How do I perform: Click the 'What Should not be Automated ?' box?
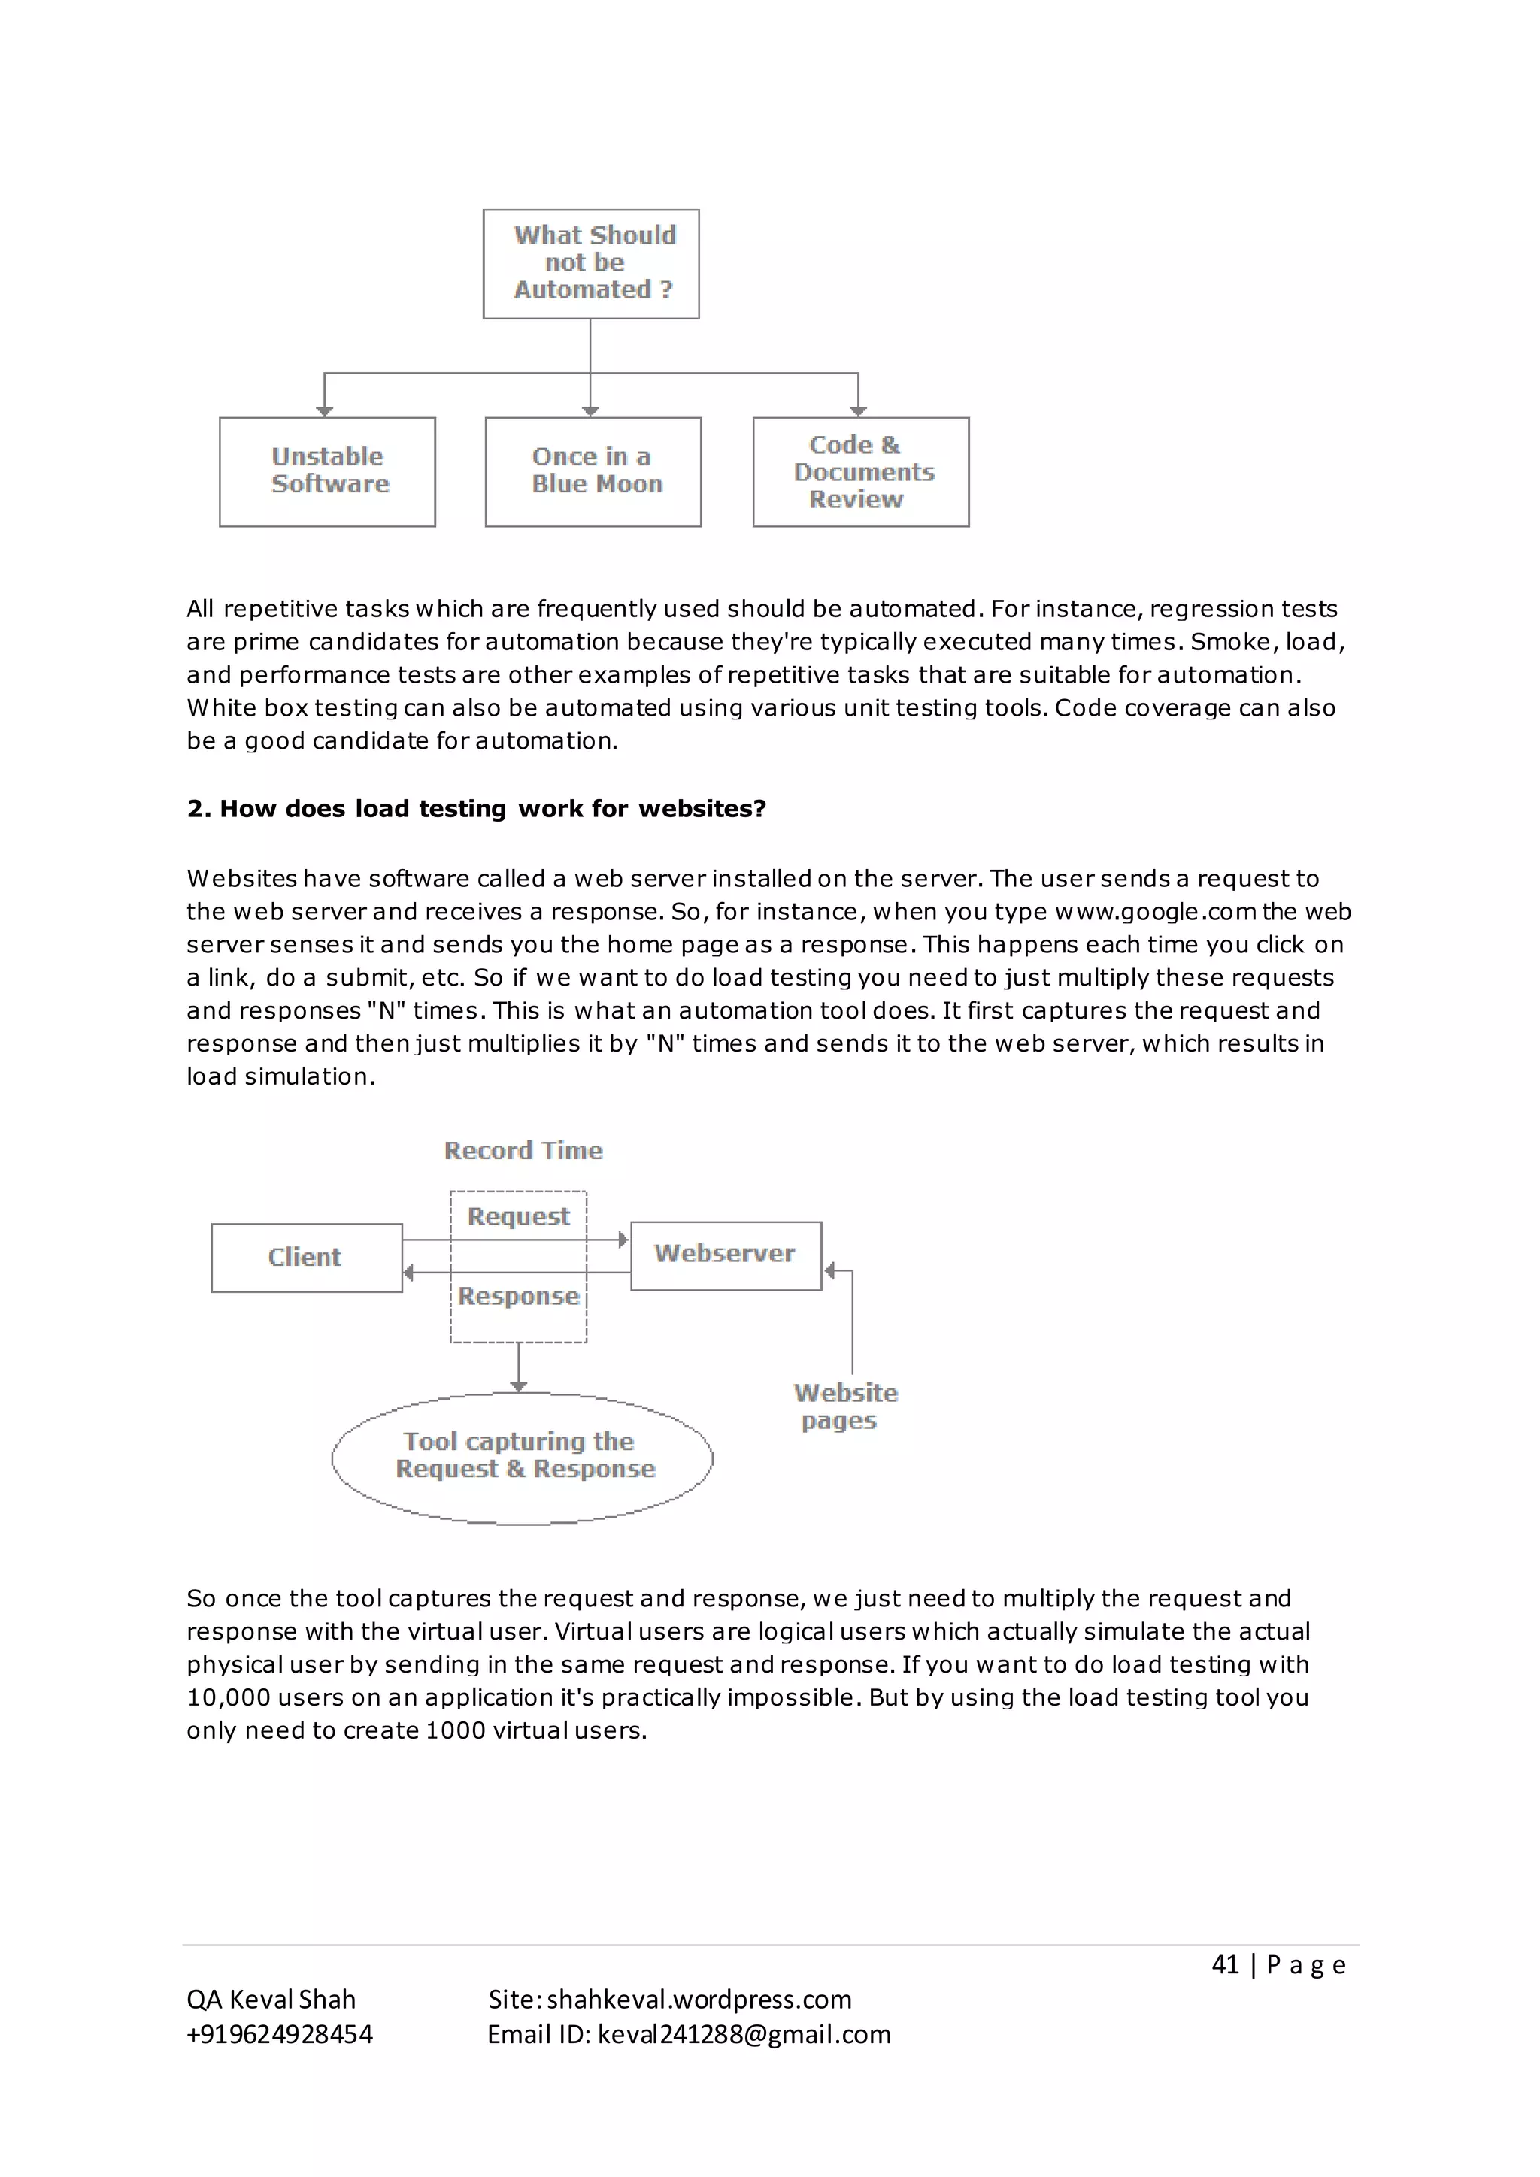click(591, 264)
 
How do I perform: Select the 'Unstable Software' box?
click(327, 471)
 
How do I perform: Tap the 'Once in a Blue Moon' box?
click(593, 471)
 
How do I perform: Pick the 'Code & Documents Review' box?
click(861, 471)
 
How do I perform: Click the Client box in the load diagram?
click(306, 1258)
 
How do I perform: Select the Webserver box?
click(726, 1255)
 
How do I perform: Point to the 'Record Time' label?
click(523, 1150)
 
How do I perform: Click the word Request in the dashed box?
click(519, 1216)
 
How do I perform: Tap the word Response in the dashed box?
click(519, 1296)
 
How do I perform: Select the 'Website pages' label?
click(845, 1406)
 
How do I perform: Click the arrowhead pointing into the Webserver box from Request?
click(624, 1240)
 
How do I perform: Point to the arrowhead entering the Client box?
click(409, 1273)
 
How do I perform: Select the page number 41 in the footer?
click(1225, 1964)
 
